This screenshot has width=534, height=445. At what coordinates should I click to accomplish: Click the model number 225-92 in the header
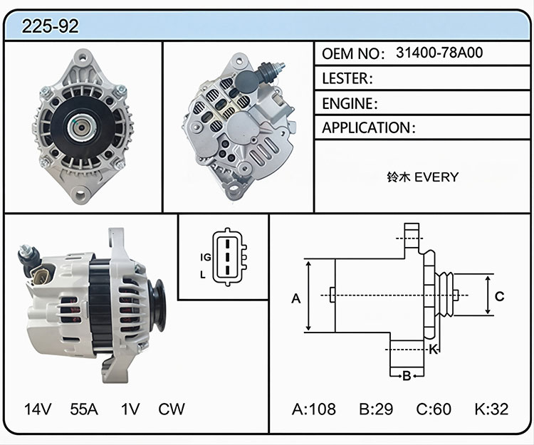[50, 26]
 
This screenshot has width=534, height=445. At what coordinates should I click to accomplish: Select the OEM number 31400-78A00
[439, 53]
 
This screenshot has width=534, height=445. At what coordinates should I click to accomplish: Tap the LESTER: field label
[347, 78]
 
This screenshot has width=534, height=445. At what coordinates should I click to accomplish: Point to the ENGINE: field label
[350, 103]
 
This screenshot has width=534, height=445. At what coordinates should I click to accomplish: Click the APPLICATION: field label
[369, 127]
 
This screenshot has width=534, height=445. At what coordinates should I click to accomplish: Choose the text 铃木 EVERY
[423, 177]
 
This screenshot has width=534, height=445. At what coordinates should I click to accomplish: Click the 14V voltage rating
[38, 409]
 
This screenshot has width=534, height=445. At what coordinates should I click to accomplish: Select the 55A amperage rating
[84, 409]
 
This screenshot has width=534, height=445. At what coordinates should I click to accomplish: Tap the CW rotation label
[172, 409]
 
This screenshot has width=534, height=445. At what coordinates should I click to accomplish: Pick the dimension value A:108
[314, 409]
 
